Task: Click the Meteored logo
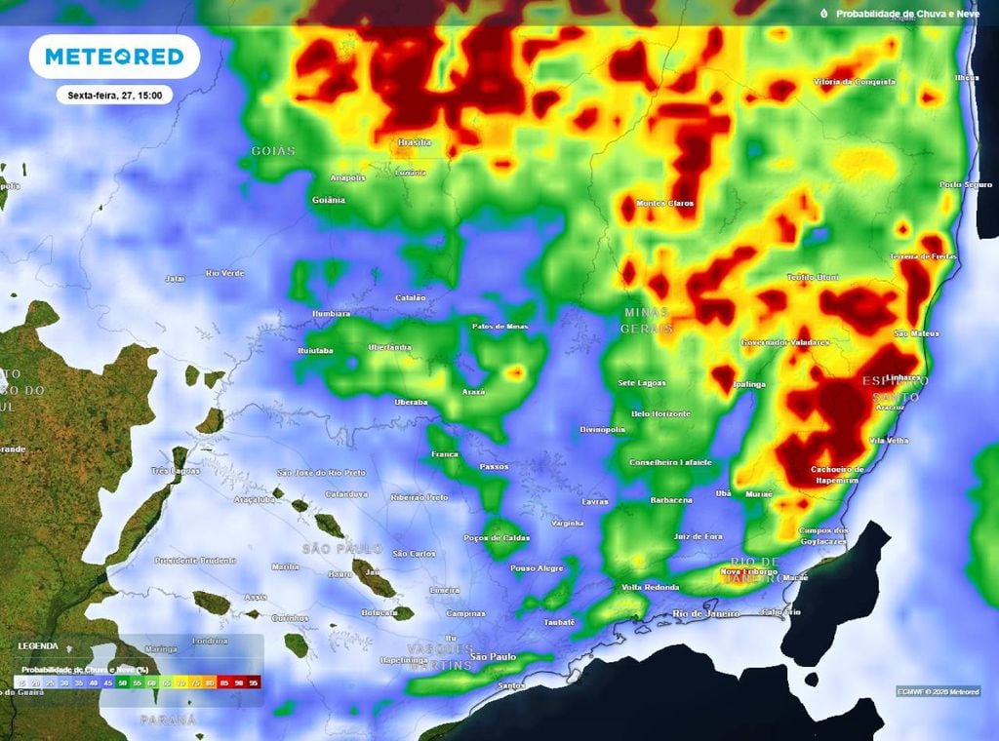pyautogui.click(x=114, y=57)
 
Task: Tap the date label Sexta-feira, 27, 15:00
pyautogui.click(x=114, y=96)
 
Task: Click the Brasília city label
pyautogui.click(x=415, y=142)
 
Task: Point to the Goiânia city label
pyautogui.click(x=328, y=200)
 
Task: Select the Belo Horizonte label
pyautogui.click(x=660, y=414)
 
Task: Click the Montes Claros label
pyautogui.click(x=664, y=204)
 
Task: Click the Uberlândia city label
pyautogui.click(x=389, y=348)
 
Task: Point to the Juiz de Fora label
pyautogui.click(x=698, y=536)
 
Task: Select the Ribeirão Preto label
pyautogui.click(x=420, y=497)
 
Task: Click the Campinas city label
pyautogui.click(x=465, y=613)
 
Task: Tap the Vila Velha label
pyautogui.click(x=889, y=441)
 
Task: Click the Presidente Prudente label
pyautogui.click(x=195, y=561)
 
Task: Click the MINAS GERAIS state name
pyautogui.click(x=646, y=321)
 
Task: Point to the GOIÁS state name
pyautogui.click(x=273, y=151)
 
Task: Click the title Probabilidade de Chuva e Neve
pyautogui.click(x=908, y=14)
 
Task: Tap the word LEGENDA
pyautogui.click(x=37, y=646)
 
